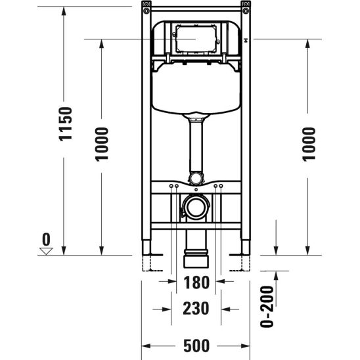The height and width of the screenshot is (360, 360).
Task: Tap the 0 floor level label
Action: (x=45, y=237)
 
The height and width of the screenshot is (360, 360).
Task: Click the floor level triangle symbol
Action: (x=45, y=250)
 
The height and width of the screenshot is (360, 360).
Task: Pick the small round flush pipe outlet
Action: (x=196, y=178)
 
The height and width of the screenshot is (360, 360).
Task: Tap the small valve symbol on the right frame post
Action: (x=245, y=41)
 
